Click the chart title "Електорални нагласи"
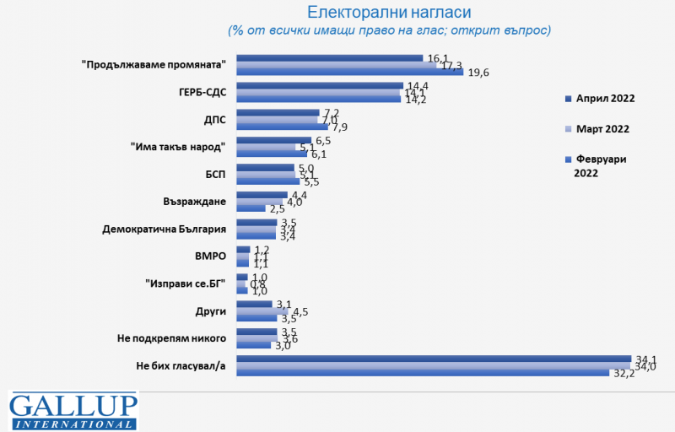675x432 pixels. click(x=389, y=12)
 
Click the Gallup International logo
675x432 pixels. click(x=73, y=411)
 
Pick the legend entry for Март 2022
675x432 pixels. click(x=603, y=128)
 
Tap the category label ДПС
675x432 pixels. click(x=213, y=119)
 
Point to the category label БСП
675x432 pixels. click(x=214, y=174)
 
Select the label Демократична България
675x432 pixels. click(x=165, y=229)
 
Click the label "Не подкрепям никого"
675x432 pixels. click(x=171, y=337)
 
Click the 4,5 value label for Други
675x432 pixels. click(x=300, y=311)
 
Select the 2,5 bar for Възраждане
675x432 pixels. click(x=251, y=208)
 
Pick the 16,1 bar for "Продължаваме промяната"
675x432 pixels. click(x=329, y=58)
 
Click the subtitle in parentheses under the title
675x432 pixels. click(x=389, y=30)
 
